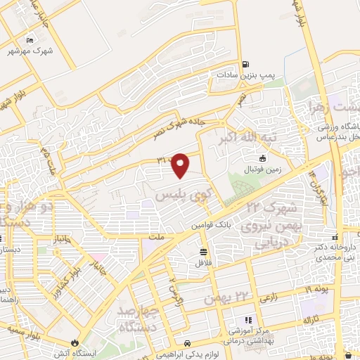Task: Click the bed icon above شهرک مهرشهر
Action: pos(29,40)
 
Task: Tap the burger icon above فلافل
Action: pos(203,252)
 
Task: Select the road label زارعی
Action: pos(268,299)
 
